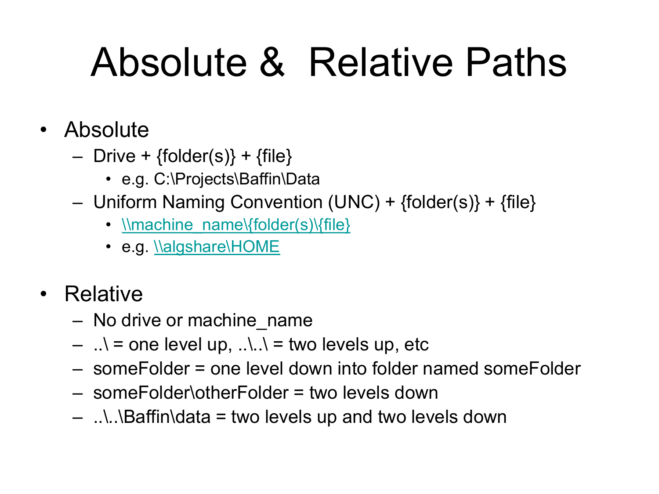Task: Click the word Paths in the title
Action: tap(516, 62)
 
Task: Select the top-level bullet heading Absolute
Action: tap(106, 130)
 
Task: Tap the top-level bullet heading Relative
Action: tap(103, 294)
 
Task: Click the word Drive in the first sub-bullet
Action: tap(114, 156)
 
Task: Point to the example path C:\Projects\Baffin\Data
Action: tap(236, 179)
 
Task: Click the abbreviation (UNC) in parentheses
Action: tap(354, 202)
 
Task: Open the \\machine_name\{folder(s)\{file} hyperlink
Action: tap(236, 225)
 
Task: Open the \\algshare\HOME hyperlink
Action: tap(217, 247)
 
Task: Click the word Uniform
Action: tap(125, 202)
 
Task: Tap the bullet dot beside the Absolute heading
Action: tap(43, 130)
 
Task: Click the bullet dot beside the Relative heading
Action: tap(43, 294)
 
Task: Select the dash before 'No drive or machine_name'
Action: tap(78, 321)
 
